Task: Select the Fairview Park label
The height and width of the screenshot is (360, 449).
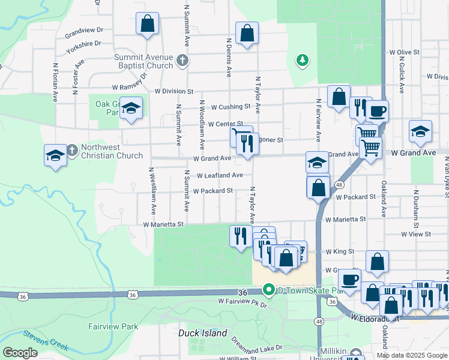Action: pyautogui.click(x=113, y=327)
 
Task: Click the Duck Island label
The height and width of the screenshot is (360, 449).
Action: pyautogui.click(x=203, y=333)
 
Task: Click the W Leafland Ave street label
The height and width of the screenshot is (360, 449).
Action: pyautogui.click(x=220, y=175)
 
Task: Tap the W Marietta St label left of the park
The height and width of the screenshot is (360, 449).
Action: pyautogui.click(x=163, y=224)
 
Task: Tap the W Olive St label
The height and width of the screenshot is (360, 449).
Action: pyautogui.click(x=403, y=53)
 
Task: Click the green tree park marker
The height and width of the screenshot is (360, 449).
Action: pyautogui.click(x=303, y=60)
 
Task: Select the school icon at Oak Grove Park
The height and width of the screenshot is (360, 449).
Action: pyautogui.click(x=131, y=109)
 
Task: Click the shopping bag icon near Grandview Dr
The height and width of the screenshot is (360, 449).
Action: pyautogui.click(x=147, y=25)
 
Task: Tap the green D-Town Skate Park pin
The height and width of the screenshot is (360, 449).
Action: pyautogui.click(x=270, y=290)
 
